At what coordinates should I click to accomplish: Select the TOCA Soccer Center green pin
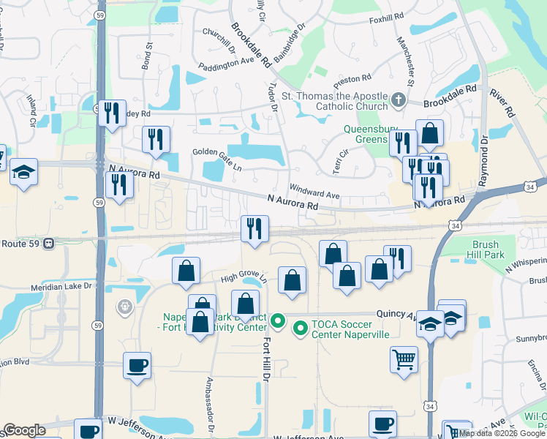tap(300, 330)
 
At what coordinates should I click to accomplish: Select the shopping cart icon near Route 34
tap(404, 360)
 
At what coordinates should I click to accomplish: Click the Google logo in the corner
tap(24, 430)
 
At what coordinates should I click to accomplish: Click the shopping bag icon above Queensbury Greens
tap(430, 133)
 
